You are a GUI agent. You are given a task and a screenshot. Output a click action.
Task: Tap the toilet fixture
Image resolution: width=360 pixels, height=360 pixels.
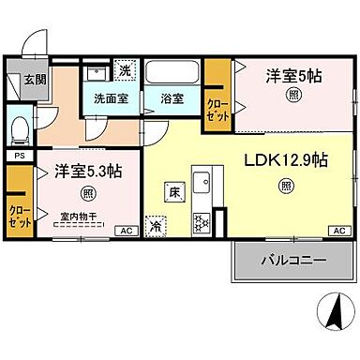tap(20, 127)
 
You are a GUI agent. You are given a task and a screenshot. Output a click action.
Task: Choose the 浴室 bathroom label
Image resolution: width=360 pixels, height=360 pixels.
tap(172, 97)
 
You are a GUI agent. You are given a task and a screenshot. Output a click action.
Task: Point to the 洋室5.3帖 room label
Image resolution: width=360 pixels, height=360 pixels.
tap(87, 172)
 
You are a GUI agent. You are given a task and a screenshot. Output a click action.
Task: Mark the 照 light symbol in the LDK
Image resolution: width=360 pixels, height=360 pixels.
tap(285, 186)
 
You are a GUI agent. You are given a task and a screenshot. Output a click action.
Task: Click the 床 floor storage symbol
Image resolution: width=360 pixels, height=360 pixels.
tap(173, 191)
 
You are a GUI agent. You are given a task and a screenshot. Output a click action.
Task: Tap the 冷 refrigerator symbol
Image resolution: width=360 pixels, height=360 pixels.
tap(156, 225)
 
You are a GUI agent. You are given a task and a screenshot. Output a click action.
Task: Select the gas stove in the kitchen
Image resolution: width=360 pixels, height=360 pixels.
tap(201, 222)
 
